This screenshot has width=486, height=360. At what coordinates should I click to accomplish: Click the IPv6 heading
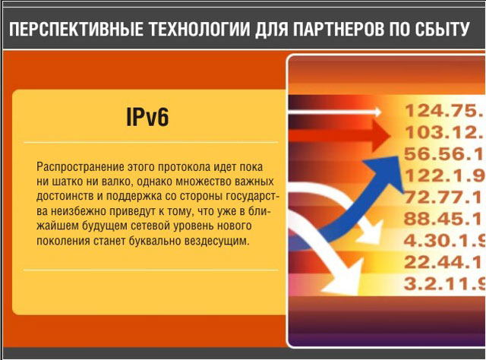[x=147, y=117]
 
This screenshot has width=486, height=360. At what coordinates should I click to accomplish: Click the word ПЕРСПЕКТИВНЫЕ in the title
[x=76, y=30]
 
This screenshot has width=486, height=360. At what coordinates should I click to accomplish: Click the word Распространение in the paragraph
[x=80, y=167]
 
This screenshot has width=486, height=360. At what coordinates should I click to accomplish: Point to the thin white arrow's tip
[x=380, y=112]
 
